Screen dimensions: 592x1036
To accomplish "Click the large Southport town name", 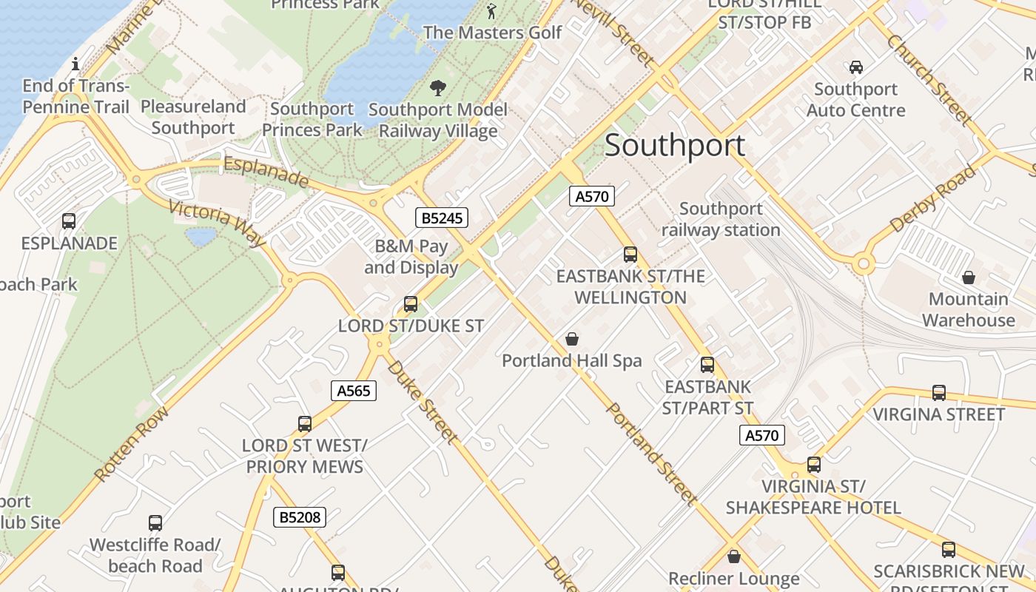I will coord(675,145).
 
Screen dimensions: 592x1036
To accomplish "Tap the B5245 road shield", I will coord(441,218).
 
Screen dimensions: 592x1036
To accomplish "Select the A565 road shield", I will coord(354,391).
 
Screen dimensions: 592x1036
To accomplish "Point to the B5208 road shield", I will coord(300,517).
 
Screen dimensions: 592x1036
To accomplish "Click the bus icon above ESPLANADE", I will coord(69,221).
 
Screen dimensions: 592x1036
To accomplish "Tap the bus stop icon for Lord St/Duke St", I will coord(411,304).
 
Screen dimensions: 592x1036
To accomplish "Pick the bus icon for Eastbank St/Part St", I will coord(707,365).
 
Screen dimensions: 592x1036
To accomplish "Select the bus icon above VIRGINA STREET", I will coord(939,393).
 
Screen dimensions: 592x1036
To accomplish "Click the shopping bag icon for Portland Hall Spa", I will coord(572,340).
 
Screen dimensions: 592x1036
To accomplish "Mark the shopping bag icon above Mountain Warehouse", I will coord(969,278).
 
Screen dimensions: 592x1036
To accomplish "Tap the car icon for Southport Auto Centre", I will coord(856,67).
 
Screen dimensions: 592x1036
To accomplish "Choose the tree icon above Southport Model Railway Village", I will coord(438,88).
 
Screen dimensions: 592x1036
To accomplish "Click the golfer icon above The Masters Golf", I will coord(492,11).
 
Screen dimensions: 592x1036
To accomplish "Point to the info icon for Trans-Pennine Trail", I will coord(75,64).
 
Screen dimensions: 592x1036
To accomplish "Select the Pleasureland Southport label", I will coord(193,117).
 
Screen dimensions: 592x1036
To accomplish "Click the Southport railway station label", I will coord(721,220).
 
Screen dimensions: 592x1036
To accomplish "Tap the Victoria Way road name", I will coord(217,223).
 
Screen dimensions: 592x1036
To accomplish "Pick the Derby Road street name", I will coord(934,198).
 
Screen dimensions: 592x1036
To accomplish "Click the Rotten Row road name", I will coord(132,443).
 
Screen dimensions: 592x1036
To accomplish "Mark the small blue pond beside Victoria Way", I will coord(201,237).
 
